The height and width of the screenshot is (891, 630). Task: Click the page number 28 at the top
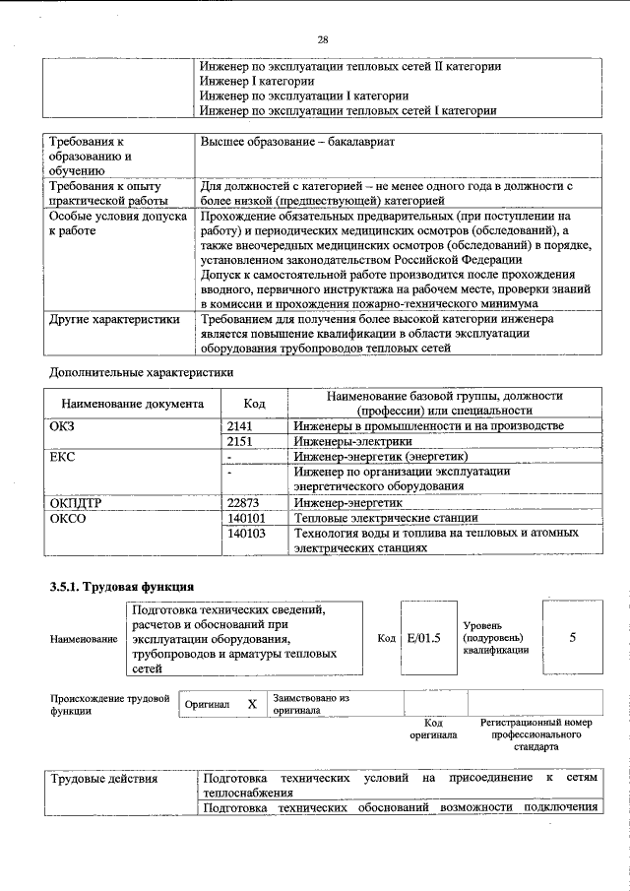coord(322,39)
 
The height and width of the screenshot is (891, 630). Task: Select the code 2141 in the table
coord(240,425)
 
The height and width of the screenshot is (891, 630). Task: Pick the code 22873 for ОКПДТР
coord(243,502)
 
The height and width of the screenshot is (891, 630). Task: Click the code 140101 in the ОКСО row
coord(247,517)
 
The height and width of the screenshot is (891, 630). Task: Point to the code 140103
coord(247,533)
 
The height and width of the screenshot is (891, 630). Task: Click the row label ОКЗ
coord(63,425)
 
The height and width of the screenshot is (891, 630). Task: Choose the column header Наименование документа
coord(132,403)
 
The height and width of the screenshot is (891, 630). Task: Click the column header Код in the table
coord(255,403)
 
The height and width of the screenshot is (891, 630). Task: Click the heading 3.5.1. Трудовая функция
coord(122,587)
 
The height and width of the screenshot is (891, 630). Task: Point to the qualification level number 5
coord(573,637)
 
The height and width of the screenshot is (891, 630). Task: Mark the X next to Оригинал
coord(252,704)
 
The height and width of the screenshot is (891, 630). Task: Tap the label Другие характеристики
coord(114,319)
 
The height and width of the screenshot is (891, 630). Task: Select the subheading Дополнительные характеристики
coord(141,373)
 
